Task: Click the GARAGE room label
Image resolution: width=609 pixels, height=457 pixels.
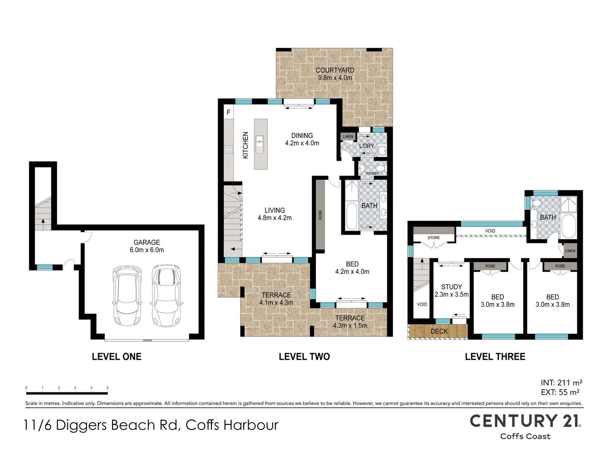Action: (146, 242)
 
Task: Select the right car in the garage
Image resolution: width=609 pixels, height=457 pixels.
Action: (166, 295)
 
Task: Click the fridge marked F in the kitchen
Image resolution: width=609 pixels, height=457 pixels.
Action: (229, 113)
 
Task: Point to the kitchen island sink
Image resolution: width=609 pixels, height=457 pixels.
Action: (260, 144)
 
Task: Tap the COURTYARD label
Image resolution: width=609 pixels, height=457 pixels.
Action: (335, 71)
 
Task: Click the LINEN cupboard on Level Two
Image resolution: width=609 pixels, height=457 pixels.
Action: (348, 137)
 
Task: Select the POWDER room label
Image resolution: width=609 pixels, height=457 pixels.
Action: (372, 173)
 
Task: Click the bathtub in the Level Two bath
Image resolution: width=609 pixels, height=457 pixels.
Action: (351, 216)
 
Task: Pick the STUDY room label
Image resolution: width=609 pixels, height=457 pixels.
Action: (451, 287)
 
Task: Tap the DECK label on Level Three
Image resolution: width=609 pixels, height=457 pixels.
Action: (439, 331)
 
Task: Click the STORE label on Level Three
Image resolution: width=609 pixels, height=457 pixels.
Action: (433, 238)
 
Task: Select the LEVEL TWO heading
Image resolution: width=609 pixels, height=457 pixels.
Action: (304, 357)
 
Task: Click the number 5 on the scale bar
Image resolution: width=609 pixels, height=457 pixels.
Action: (107, 388)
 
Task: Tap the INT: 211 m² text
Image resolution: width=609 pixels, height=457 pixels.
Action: (562, 383)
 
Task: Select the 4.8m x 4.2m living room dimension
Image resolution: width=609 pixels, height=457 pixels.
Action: (274, 218)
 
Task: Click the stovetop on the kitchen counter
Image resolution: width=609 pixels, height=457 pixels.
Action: (229, 149)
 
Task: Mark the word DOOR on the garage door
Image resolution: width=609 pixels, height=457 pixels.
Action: (147, 341)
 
